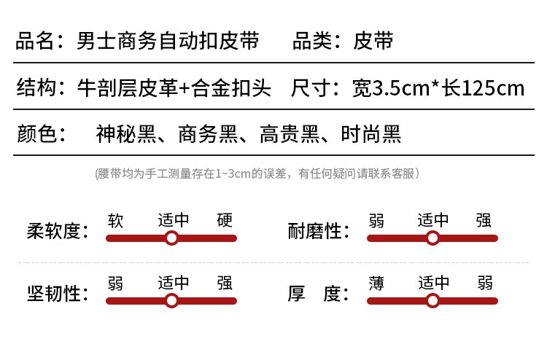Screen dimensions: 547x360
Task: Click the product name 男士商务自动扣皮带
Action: coord(167,41)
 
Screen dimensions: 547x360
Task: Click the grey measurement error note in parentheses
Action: coord(257,173)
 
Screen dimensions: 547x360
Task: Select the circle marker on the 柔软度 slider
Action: coord(171,238)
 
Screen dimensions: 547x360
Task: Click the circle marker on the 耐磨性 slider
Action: coord(432,238)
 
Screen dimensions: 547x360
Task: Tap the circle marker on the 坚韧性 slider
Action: coord(171,301)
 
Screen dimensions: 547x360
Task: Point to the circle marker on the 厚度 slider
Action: coord(432,301)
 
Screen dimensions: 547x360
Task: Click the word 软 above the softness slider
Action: coord(115,220)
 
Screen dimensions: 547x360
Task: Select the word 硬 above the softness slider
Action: coord(225,220)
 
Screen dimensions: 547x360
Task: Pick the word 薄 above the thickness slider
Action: coord(376,283)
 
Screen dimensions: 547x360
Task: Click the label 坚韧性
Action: coord(53,294)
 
